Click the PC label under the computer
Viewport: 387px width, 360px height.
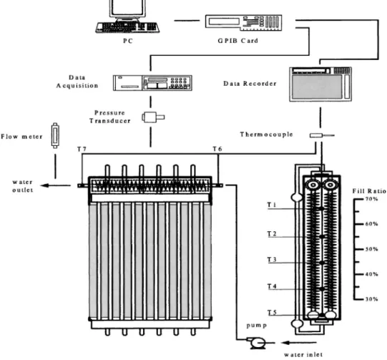pos(128,41)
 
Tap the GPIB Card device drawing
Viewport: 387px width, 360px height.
pos(244,22)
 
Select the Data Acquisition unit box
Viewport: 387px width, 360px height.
pos(152,83)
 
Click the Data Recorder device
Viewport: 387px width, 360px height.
pos(320,84)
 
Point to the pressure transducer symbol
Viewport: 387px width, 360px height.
pos(153,117)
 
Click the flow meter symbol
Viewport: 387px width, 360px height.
pos(55,135)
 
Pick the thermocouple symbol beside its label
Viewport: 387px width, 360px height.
pos(322,135)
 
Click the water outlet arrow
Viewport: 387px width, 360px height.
pos(55,185)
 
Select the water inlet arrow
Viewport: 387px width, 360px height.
pos(298,343)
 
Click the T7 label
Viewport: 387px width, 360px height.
pos(82,149)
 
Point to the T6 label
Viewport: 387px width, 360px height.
pos(217,149)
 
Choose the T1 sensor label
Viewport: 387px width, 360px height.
pos(272,205)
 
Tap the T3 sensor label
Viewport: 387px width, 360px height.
pos(272,260)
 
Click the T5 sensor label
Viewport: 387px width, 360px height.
pos(272,313)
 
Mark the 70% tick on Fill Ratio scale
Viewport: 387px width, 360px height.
pos(359,199)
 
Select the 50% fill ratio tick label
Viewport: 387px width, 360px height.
pos(372,249)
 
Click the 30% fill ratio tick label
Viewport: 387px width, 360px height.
pos(372,299)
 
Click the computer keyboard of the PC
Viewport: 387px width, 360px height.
pos(127,27)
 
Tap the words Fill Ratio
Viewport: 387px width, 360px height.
pos(369,191)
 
